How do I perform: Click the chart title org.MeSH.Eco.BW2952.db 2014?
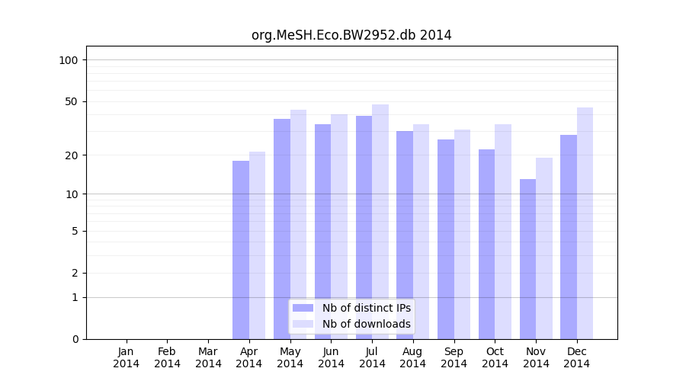coord(351,35)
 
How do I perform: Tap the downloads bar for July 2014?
coord(380,221)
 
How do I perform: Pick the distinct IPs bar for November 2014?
coord(527,259)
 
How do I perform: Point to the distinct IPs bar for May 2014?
coord(282,229)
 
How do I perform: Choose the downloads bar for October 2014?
coord(503,232)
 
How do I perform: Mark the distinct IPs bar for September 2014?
coord(446,239)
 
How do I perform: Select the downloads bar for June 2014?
coord(339,226)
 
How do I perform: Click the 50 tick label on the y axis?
coord(72,101)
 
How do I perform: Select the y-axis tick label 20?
coord(72,155)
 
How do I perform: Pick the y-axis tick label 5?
coord(75,231)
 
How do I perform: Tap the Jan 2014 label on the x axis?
coord(127,357)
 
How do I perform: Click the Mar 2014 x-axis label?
coord(208,357)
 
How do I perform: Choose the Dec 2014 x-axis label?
coord(577,357)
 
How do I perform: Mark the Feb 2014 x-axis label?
coord(168,357)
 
